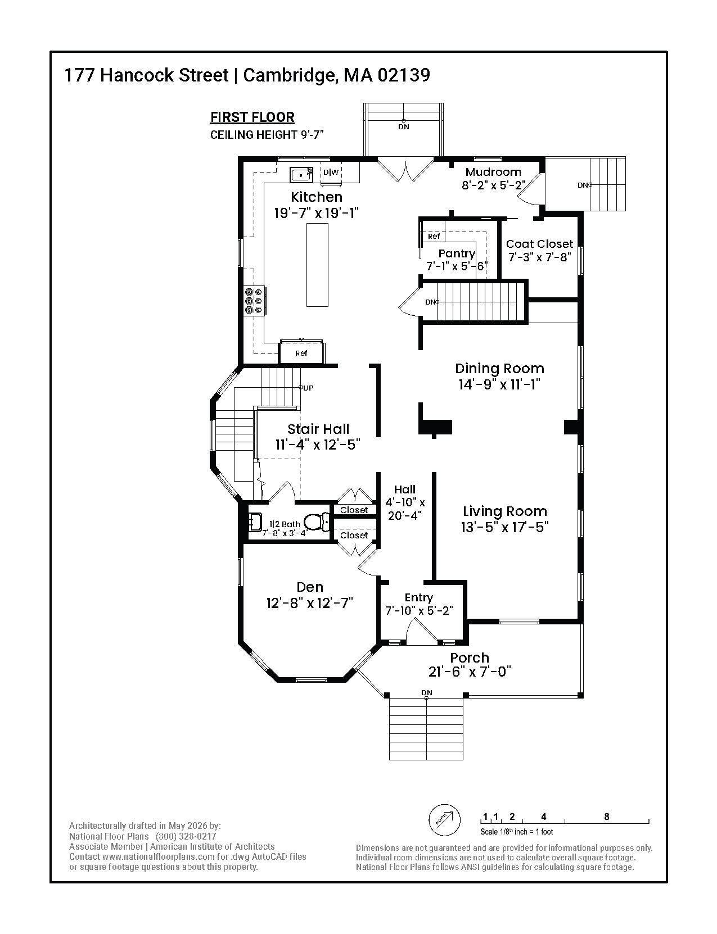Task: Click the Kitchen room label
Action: tap(317, 197)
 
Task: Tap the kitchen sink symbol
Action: tap(301, 175)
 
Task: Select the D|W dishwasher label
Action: tap(331, 173)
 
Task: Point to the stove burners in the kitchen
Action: tap(253, 301)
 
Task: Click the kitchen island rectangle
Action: tap(317, 265)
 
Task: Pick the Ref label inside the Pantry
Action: tap(434, 237)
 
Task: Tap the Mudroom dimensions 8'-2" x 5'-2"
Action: tap(493, 185)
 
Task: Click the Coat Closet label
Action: tap(539, 244)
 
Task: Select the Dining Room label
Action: tap(499, 368)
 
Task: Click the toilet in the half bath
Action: tap(316, 523)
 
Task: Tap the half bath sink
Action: tap(255, 523)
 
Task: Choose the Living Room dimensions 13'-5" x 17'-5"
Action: tap(504, 527)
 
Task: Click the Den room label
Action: tap(310, 587)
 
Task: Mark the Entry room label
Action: tap(418, 598)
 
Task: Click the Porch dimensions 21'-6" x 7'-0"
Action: tap(469, 672)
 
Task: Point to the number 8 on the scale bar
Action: tap(606, 817)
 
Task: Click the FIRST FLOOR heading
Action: tap(252, 117)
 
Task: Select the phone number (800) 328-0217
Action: tap(186, 836)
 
